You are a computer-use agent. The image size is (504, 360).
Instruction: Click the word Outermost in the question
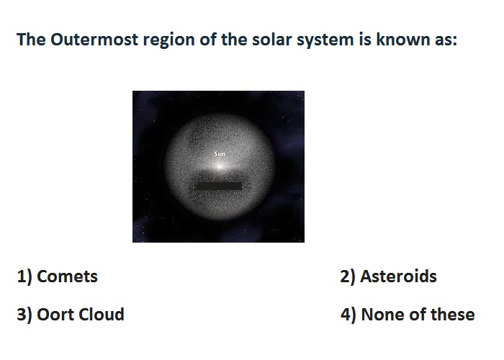pos(95,40)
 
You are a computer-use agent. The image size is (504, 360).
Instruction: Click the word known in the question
pos(402,40)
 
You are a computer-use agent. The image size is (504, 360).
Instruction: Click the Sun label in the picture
pos(220,154)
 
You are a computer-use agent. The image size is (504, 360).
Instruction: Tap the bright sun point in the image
pos(220,166)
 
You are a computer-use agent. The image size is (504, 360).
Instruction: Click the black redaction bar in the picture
pos(219,186)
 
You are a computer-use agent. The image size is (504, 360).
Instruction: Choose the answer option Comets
pos(67,276)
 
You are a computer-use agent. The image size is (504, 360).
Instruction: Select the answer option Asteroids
pos(399,276)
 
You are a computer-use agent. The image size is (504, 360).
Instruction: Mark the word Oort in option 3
pos(55,315)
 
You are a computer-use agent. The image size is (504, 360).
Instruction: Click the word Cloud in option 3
pos(102,315)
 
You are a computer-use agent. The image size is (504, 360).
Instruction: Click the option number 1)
pos(24,277)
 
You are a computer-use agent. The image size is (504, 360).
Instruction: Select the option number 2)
pos(348,277)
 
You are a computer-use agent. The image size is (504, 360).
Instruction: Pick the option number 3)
pos(24,315)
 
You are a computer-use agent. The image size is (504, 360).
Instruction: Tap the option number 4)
pos(348,315)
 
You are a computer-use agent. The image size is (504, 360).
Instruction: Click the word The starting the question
pos(31,40)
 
